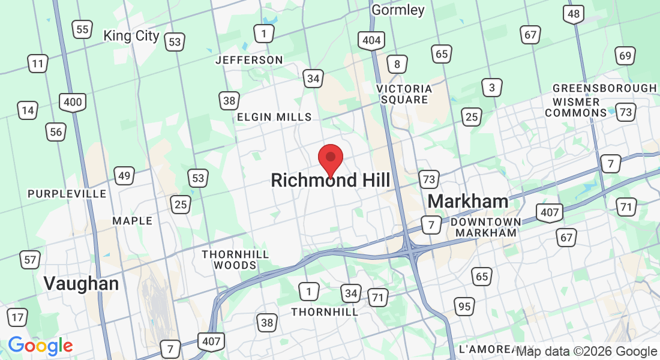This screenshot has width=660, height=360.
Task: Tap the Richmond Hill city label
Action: point(330,180)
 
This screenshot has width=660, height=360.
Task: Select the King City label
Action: point(131,35)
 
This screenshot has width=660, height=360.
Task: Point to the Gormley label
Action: point(398,10)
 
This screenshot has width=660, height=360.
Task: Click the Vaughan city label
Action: point(81,283)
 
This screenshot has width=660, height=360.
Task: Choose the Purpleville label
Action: point(67,194)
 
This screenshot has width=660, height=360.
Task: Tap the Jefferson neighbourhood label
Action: point(249,60)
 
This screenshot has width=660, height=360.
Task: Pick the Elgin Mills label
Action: point(274,117)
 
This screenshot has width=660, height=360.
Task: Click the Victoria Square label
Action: point(404,94)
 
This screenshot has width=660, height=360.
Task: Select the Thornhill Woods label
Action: point(235,260)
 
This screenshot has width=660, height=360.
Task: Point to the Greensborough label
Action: point(604,88)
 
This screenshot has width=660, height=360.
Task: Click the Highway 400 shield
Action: point(73,102)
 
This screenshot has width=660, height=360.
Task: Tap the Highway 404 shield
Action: point(371,41)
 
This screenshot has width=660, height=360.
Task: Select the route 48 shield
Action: point(574,14)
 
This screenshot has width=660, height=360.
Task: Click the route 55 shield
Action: point(82,29)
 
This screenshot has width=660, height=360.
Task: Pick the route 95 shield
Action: point(464,307)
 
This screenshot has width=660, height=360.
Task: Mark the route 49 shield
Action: point(124,176)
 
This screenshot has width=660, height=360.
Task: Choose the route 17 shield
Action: point(17,317)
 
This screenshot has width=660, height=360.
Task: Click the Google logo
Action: point(40,346)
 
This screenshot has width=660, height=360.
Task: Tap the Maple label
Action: point(133,221)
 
